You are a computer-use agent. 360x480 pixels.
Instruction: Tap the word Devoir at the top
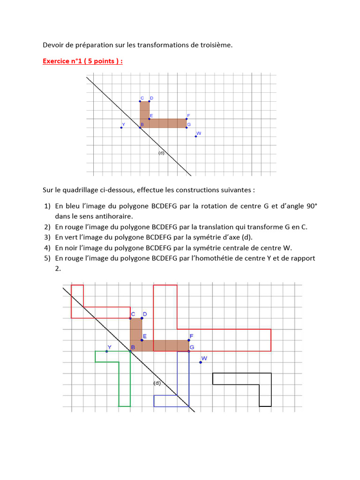53,45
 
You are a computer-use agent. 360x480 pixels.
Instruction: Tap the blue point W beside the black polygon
201,362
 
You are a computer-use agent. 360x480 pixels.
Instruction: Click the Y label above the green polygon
109,347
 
